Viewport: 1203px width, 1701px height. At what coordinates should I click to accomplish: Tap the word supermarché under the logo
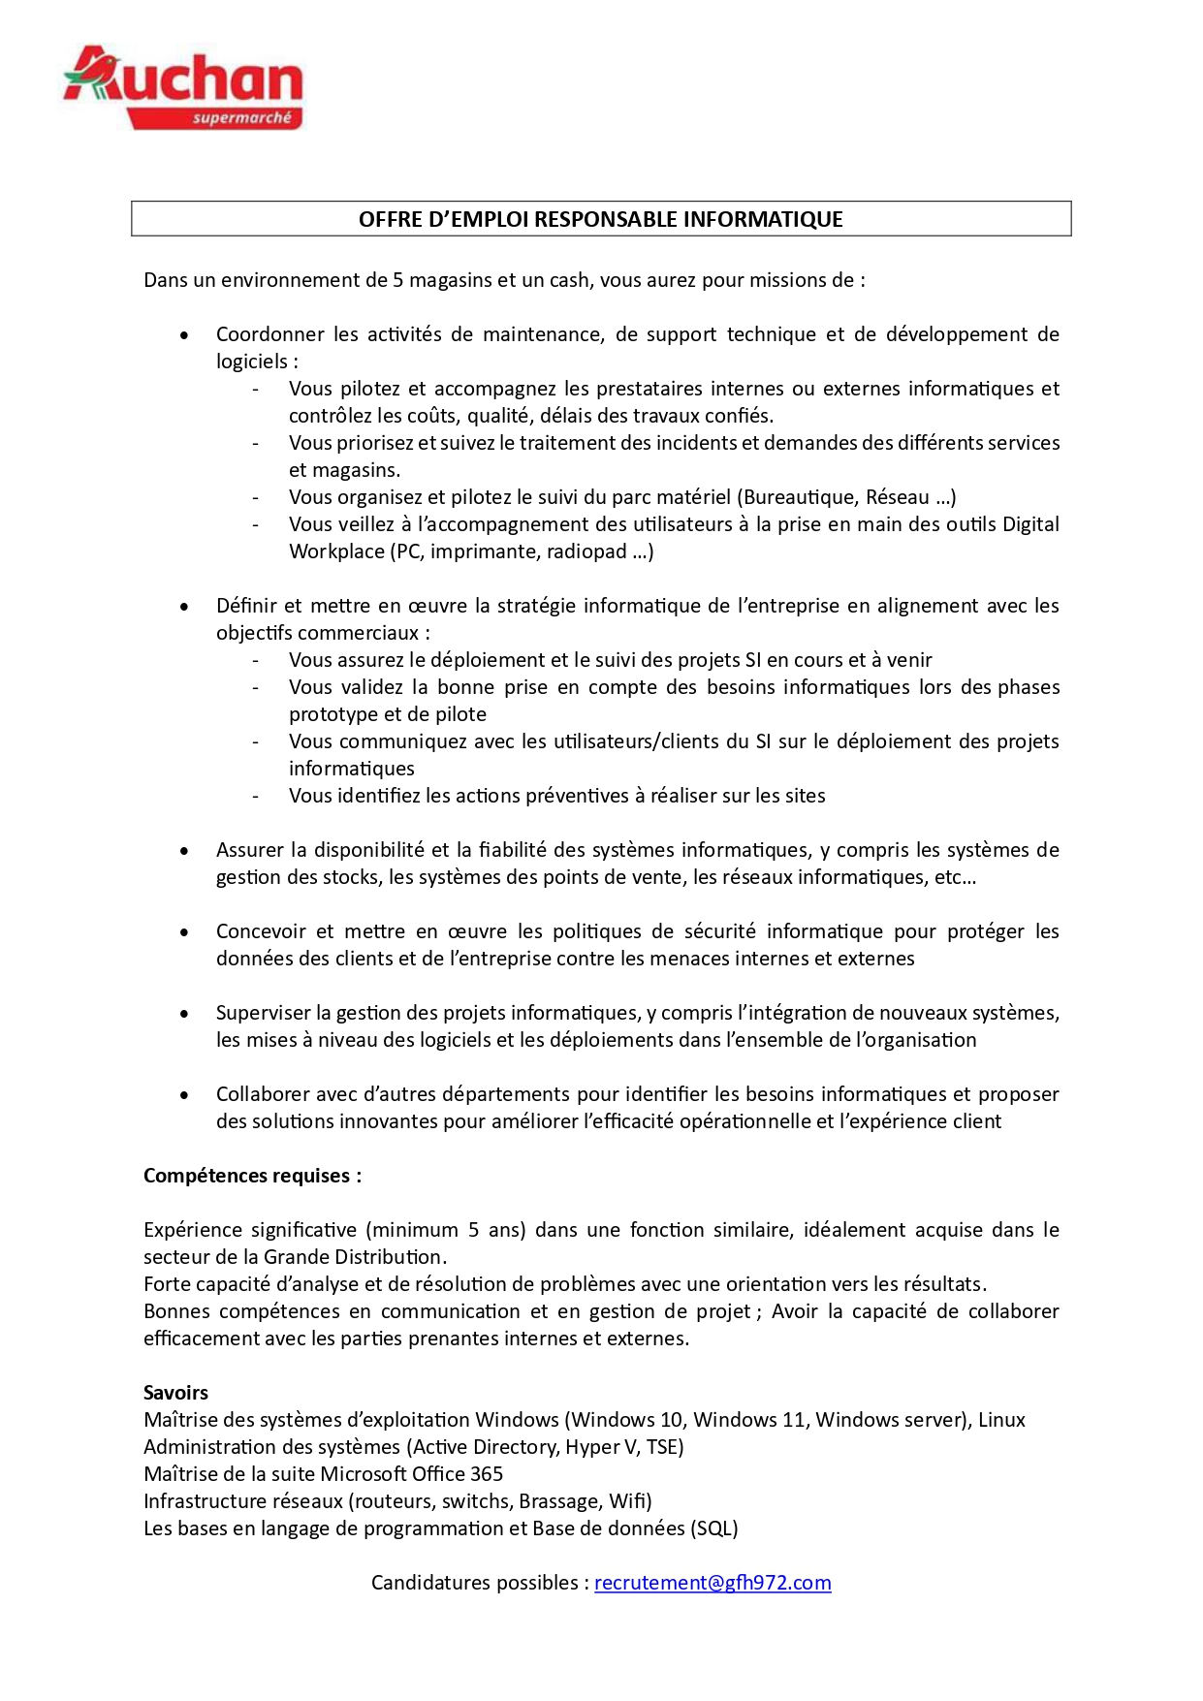click(x=241, y=118)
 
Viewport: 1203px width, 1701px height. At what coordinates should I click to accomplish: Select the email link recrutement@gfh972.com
click(x=712, y=1583)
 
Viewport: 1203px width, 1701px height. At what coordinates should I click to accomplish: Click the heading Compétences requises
click(x=252, y=1176)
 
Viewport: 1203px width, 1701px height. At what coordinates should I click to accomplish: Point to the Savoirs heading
click(x=175, y=1393)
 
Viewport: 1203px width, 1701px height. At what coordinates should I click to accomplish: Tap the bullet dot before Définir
click(x=184, y=607)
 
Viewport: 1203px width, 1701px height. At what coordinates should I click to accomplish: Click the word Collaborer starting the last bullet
click(x=264, y=1094)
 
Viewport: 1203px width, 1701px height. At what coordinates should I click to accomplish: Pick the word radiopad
click(x=586, y=551)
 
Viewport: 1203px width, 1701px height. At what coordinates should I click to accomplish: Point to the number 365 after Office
click(x=487, y=1474)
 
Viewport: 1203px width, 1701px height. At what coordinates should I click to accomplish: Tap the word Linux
click(x=1001, y=1420)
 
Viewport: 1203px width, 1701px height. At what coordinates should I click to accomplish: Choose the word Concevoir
click(x=261, y=931)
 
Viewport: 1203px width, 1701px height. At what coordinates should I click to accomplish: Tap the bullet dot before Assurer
click(x=184, y=851)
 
